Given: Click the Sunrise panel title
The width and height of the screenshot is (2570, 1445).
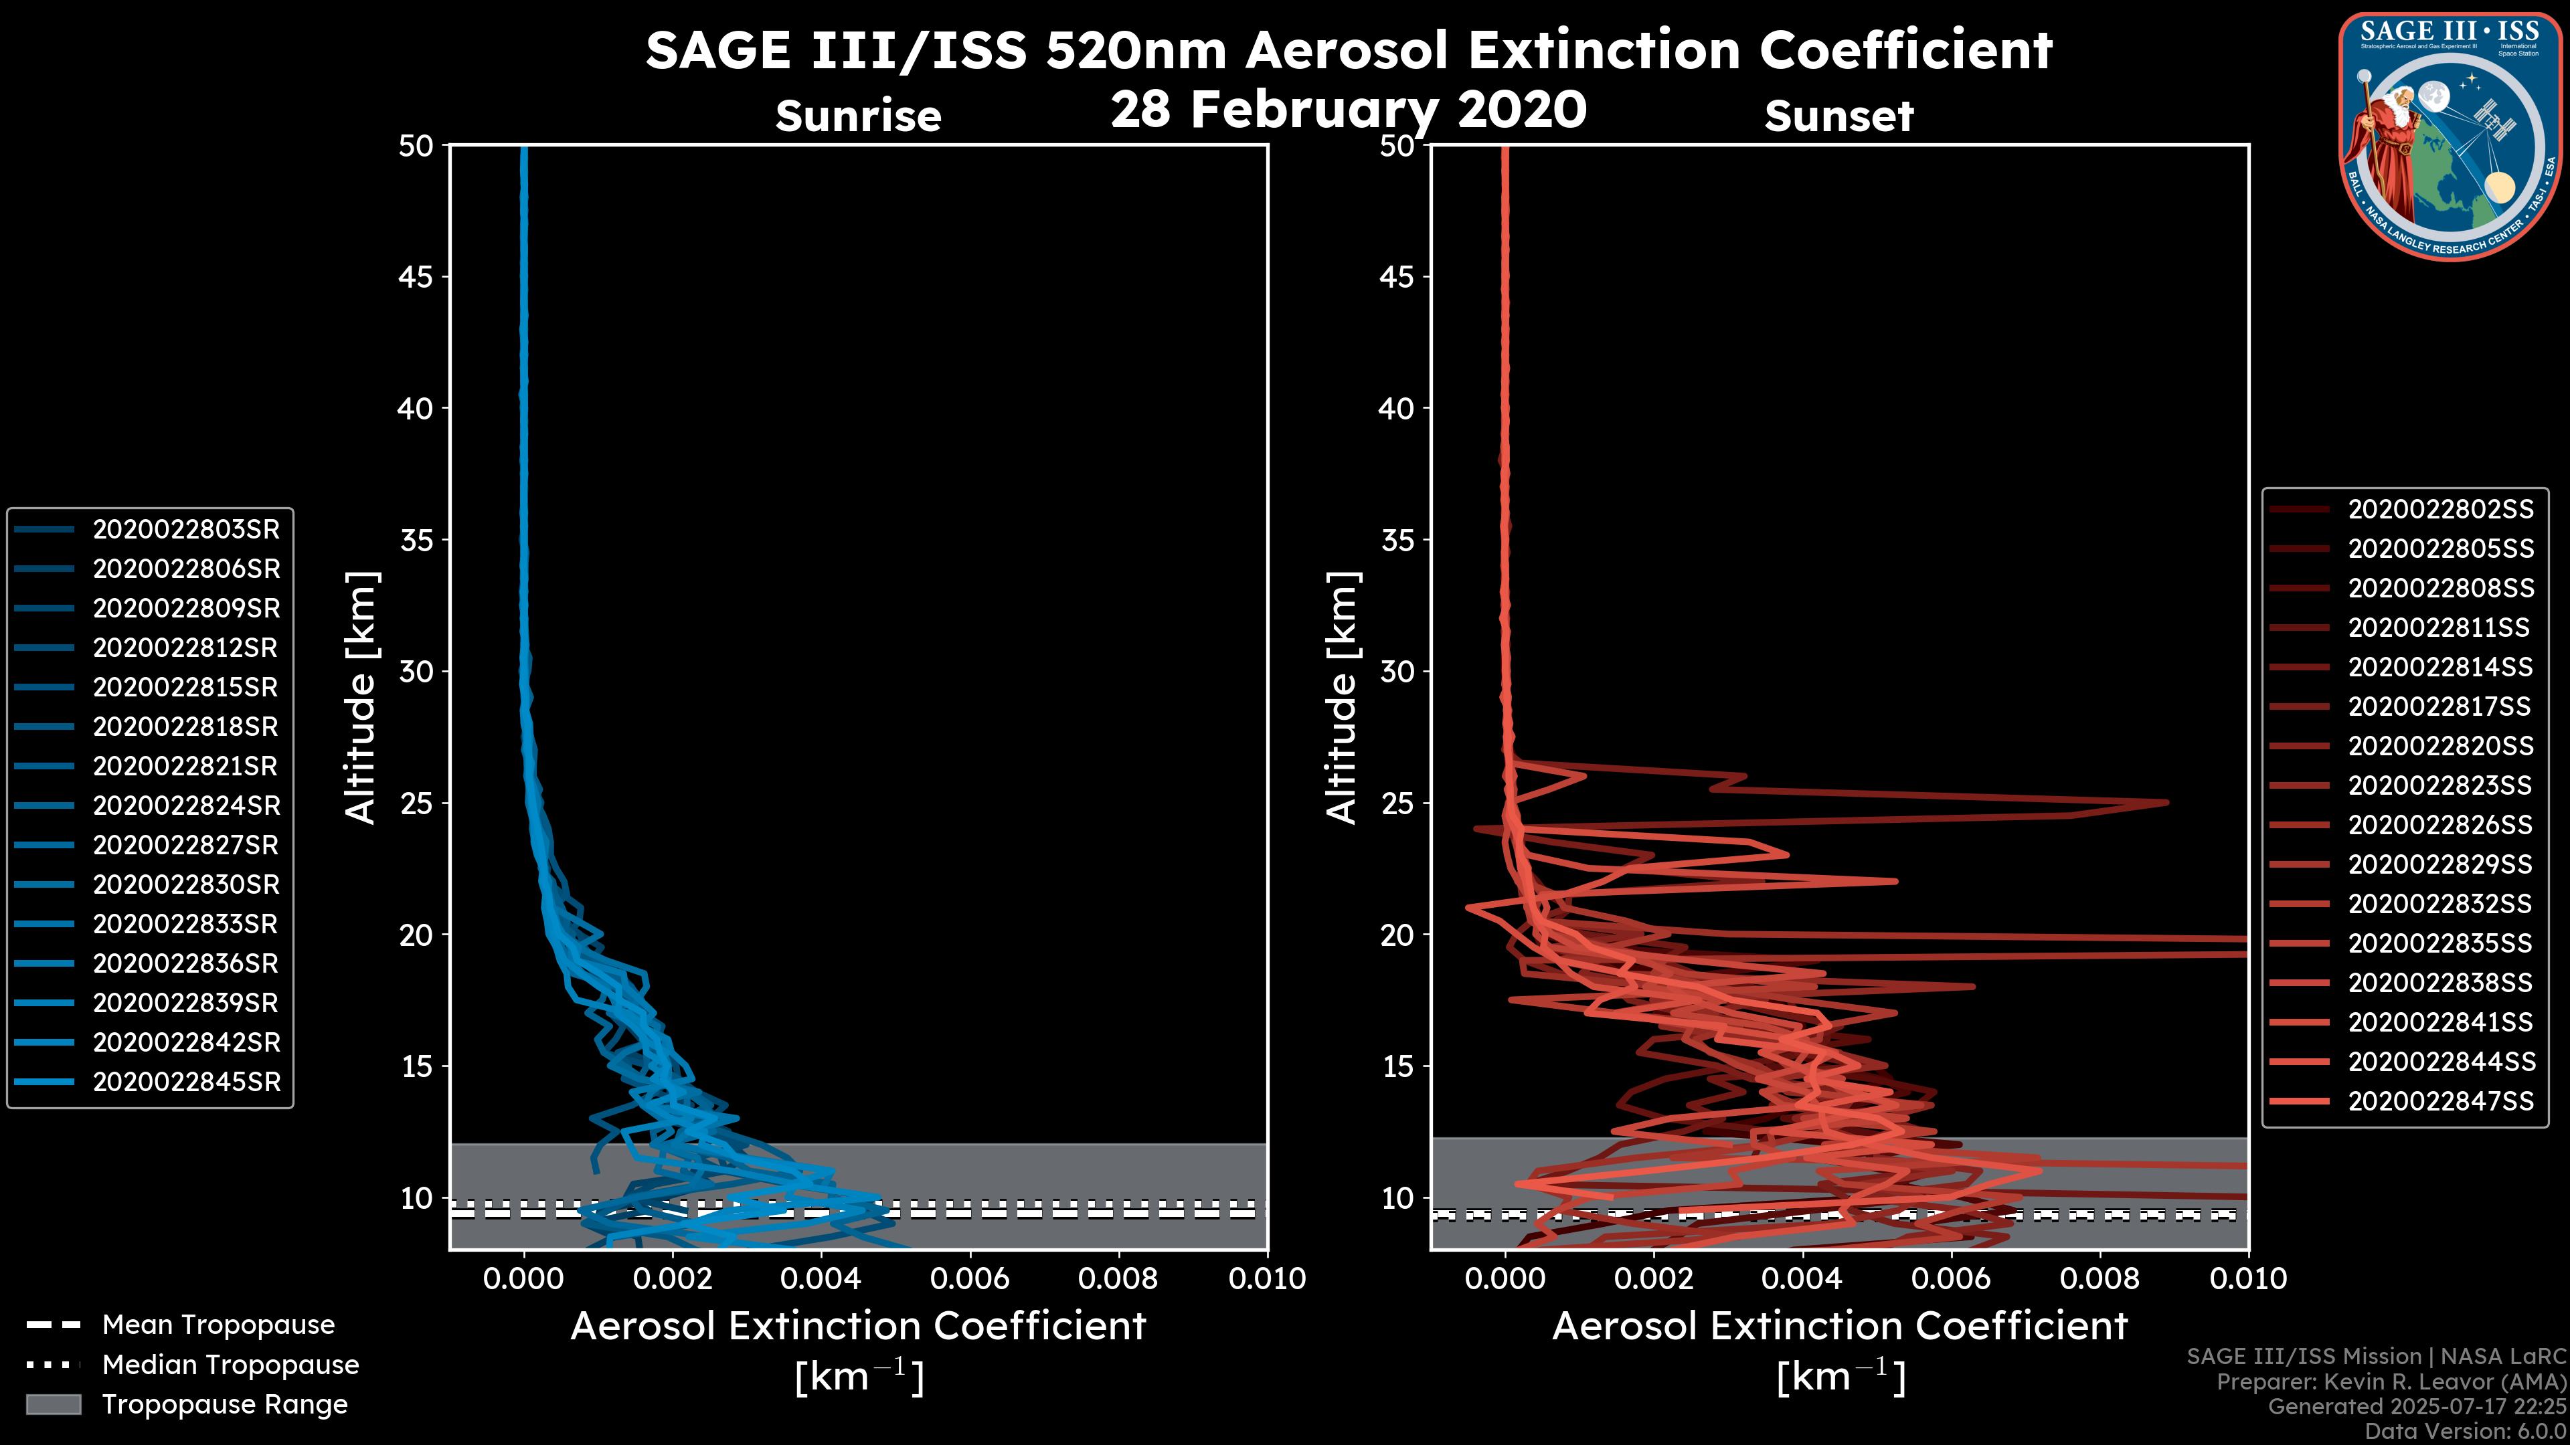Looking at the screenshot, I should point(858,116).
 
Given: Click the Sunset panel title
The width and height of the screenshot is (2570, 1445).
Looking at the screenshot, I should point(1838,116).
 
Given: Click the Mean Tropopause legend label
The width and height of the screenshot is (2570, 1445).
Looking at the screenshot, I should point(218,1325).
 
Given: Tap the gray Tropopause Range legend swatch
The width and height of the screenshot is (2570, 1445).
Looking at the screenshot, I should point(54,1404).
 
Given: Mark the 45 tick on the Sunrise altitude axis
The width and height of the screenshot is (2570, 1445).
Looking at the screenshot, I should point(416,277).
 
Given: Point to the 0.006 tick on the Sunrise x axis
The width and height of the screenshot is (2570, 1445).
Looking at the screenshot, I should point(970,1278).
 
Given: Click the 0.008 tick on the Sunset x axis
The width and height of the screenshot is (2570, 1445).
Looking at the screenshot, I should point(2100,1278).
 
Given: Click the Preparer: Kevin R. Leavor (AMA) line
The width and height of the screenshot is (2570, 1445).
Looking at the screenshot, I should point(2391,1382).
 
